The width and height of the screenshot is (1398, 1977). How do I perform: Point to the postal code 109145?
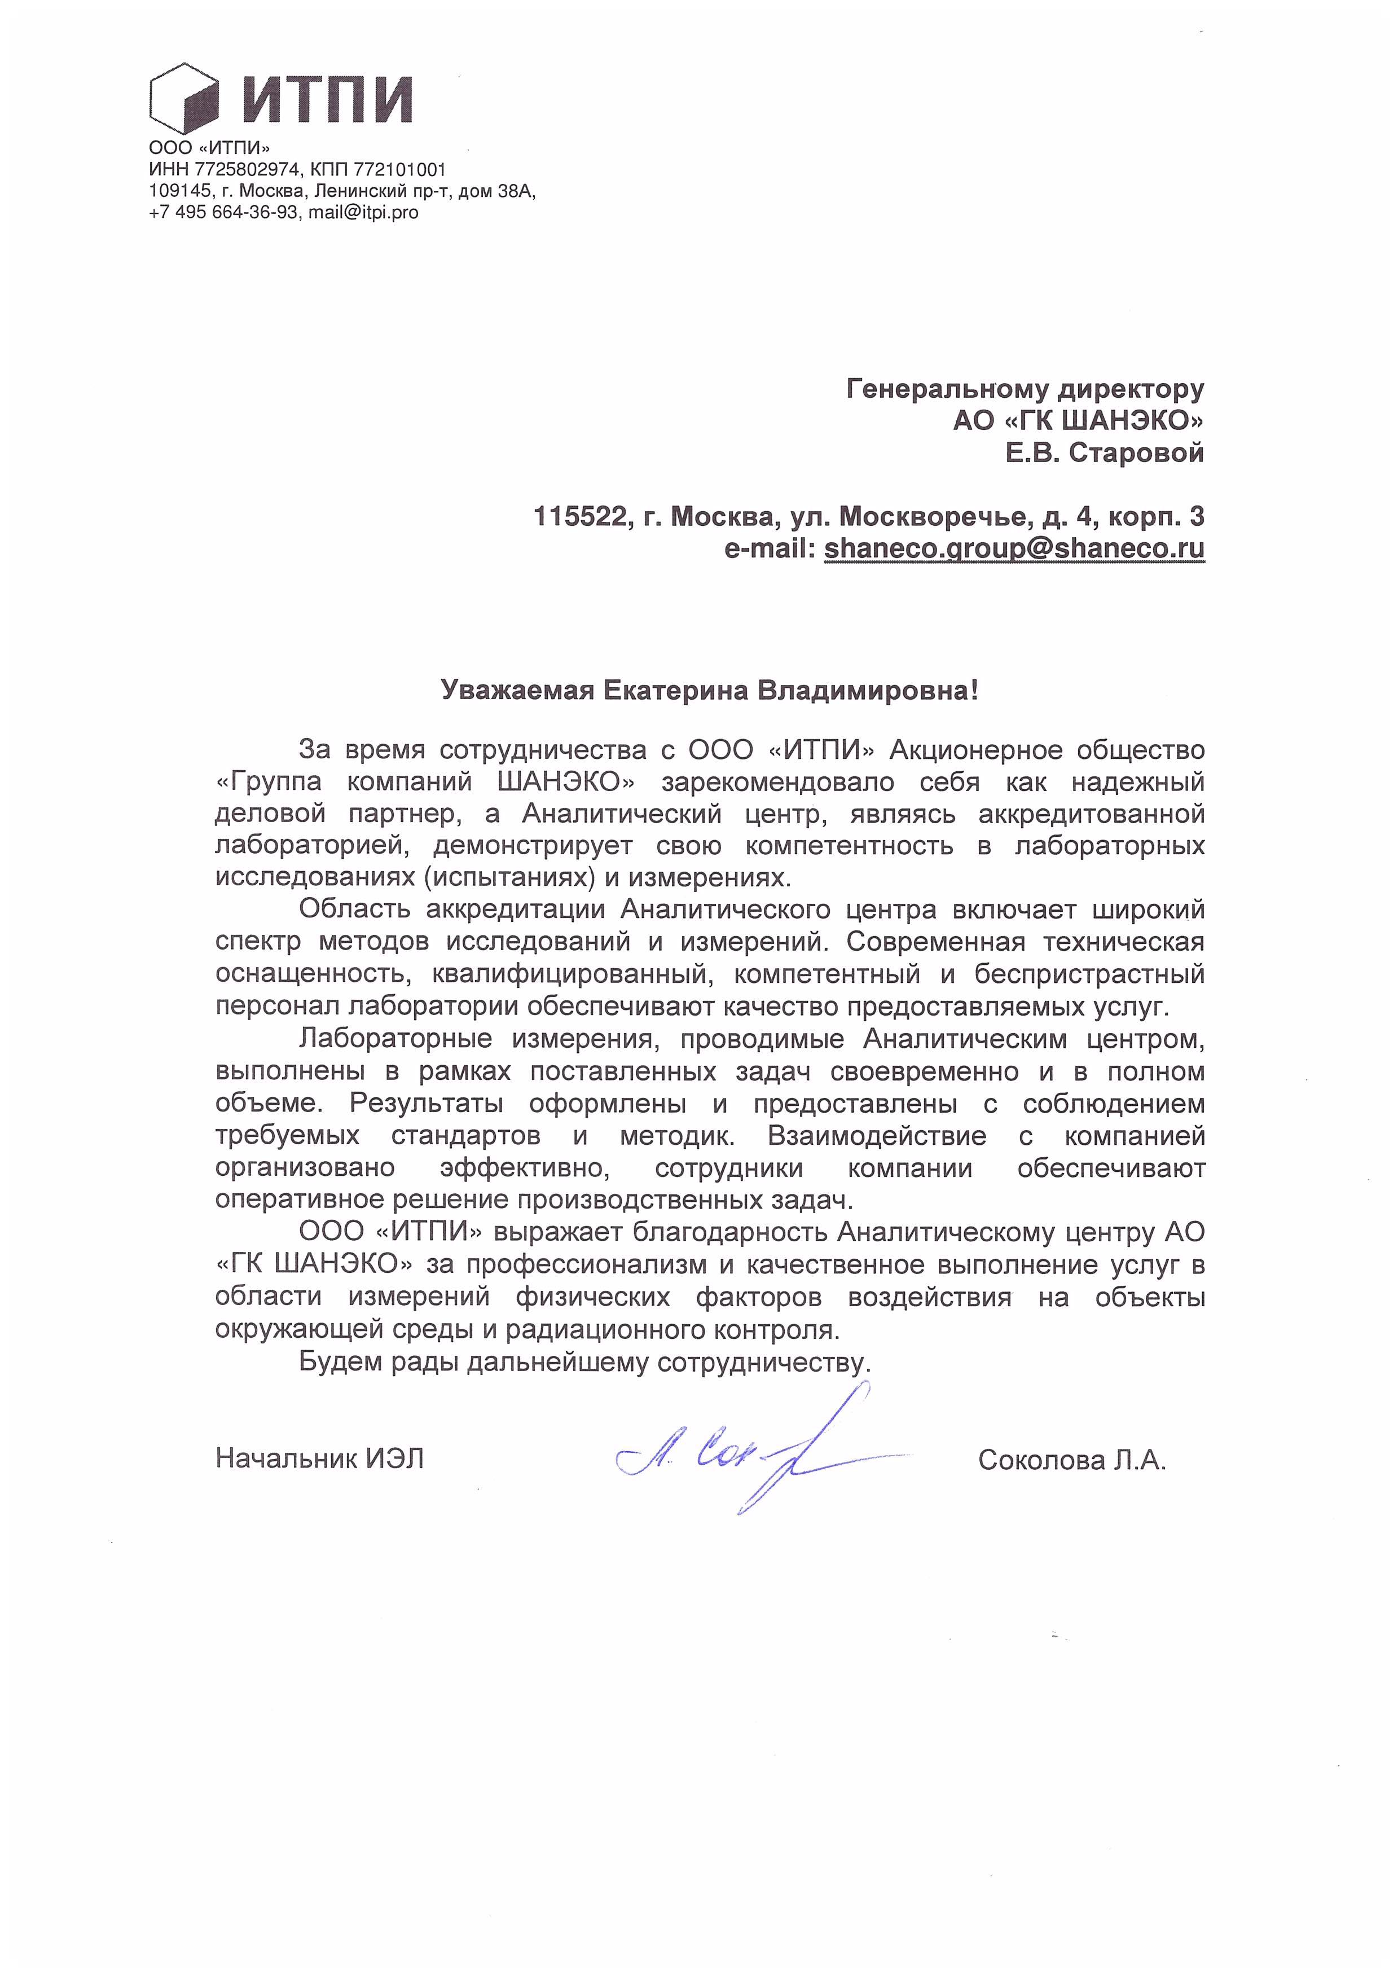pos(179,191)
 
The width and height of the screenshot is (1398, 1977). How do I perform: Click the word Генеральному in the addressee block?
pos(945,390)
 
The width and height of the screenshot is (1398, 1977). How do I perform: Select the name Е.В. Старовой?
pos(1105,453)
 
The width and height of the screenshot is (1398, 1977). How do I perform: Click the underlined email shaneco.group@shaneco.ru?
pos(1014,548)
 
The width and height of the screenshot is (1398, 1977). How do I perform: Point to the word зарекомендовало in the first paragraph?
pos(777,783)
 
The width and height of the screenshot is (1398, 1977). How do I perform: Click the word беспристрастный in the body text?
pos(1090,975)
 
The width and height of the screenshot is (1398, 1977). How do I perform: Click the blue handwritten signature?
pos(758,1455)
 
